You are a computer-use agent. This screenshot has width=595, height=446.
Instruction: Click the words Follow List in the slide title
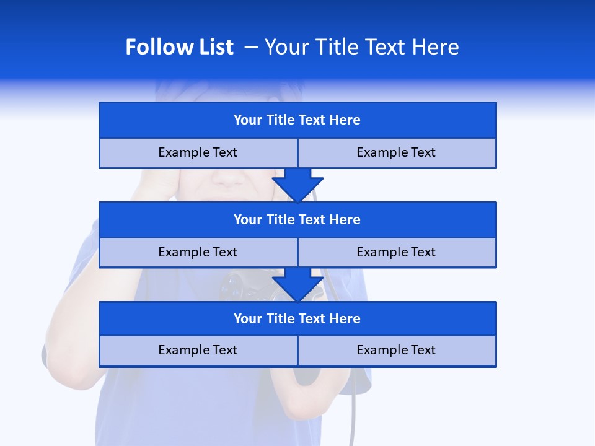[x=179, y=47]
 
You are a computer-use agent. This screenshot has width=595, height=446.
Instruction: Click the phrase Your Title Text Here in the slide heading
[x=361, y=47]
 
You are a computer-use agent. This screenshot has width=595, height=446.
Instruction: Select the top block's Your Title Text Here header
[x=297, y=120]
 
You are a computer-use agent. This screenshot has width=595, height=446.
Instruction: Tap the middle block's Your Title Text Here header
[x=297, y=219]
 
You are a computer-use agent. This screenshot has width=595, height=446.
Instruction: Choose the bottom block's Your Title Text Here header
[x=297, y=318]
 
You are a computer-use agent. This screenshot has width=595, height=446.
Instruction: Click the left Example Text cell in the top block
[x=198, y=152]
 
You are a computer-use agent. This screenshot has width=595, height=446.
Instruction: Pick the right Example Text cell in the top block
[x=396, y=152]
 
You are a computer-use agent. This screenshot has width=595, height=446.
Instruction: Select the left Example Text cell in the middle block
[x=198, y=252]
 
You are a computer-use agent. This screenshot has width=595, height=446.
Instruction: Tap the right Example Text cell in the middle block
[x=396, y=252]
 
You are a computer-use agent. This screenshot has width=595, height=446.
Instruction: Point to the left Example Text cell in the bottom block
[x=198, y=350]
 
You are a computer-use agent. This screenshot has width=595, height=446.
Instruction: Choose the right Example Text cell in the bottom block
[x=396, y=350]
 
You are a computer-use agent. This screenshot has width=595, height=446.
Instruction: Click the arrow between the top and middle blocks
[x=297, y=185]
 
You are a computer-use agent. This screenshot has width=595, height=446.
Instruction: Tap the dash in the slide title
[x=251, y=47]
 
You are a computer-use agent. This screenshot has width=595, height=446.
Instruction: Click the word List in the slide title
[x=213, y=47]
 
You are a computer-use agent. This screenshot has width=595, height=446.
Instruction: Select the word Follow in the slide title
[x=156, y=47]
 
